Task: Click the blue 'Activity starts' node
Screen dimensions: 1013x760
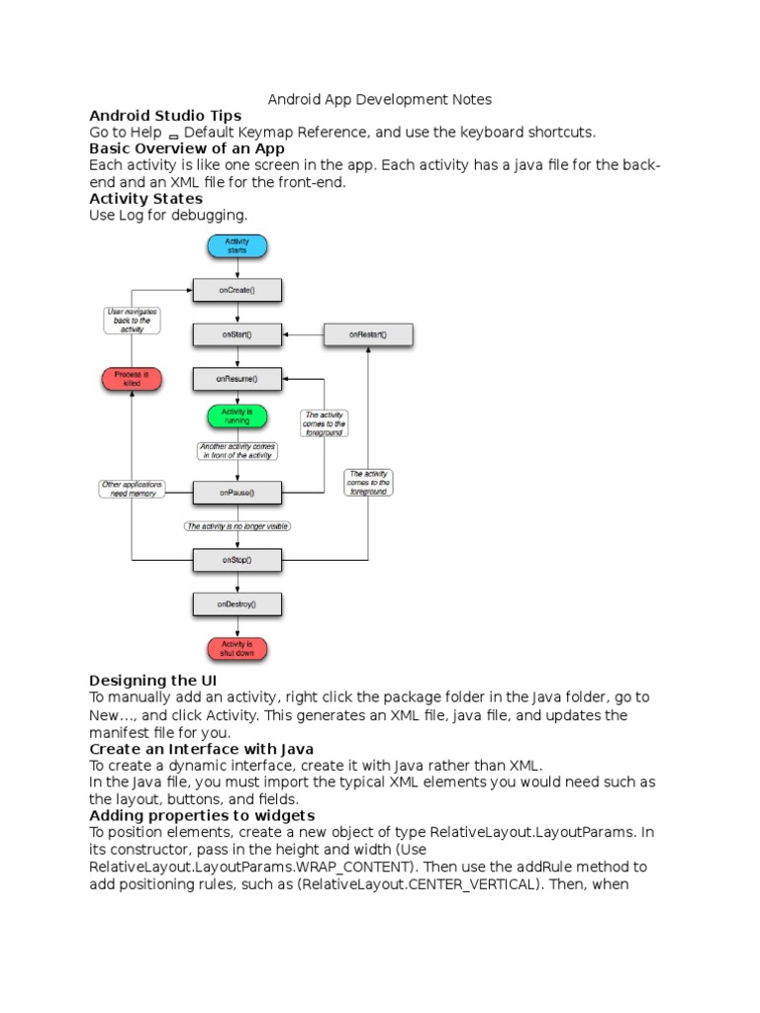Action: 237,246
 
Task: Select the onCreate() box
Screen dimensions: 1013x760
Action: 237,290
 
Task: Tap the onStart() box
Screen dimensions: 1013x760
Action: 237,334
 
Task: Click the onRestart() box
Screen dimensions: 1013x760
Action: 368,334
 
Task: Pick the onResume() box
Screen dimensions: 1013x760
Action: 237,378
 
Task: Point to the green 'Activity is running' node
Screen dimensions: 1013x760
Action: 237,416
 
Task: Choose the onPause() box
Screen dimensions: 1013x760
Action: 237,492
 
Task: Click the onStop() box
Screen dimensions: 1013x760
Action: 237,560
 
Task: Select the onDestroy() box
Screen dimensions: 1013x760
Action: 237,603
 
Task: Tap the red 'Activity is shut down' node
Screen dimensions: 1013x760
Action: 237,649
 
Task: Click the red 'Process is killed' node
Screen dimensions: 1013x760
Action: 132,379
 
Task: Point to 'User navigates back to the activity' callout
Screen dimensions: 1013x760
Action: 132,321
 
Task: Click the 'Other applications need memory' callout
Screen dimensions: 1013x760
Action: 132,489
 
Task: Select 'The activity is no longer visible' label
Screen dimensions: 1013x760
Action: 237,526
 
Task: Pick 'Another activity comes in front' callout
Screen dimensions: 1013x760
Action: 237,451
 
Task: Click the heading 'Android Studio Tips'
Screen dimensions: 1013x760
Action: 165,116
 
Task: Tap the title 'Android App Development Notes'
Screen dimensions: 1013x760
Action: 380,99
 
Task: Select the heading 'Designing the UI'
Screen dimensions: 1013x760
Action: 153,681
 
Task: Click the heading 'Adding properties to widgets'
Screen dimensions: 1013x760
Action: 202,815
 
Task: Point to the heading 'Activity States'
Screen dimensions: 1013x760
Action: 145,198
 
